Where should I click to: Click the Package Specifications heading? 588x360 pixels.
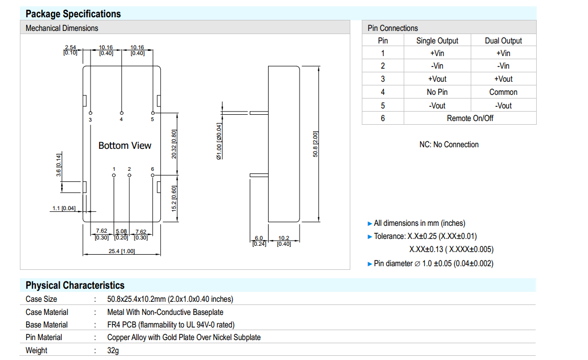tap(73, 14)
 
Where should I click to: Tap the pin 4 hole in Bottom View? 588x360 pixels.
tap(121, 113)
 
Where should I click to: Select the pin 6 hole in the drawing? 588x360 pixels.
tap(153, 175)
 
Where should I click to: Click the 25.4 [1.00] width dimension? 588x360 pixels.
tap(121, 251)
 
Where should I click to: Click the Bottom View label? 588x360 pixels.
tap(125, 146)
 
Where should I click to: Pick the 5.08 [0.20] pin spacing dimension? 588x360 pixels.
tap(121, 234)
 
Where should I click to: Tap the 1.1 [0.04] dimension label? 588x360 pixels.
tap(63, 208)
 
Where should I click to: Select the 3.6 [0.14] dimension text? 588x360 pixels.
tap(59, 165)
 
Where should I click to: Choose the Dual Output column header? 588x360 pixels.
tap(503, 40)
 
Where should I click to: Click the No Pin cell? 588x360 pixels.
tap(437, 92)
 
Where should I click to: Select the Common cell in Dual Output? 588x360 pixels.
tap(503, 92)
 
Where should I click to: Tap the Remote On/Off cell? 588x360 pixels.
tap(470, 118)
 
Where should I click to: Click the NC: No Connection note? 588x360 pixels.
tap(449, 145)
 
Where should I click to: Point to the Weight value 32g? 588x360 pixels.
tap(113, 350)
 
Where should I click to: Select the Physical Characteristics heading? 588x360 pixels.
tap(75, 285)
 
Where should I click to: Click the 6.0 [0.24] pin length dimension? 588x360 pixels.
tap(259, 241)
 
